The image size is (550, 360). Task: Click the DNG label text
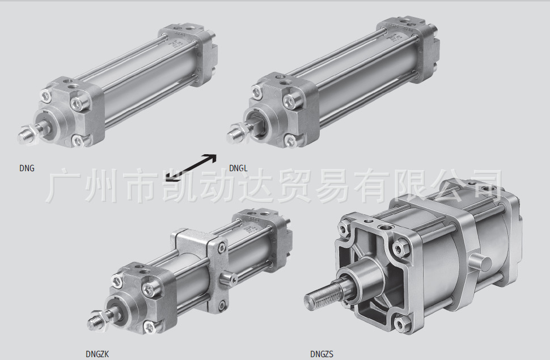pyautogui.click(x=27, y=168)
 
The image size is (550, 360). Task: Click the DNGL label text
pyautogui.click(x=238, y=168)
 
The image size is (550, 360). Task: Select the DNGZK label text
pyautogui.click(x=97, y=354)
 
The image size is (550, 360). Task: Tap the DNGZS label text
pyautogui.click(x=321, y=354)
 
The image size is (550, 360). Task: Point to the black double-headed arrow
pyautogui.click(x=191, y=168)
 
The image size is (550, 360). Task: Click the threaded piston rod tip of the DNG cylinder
pyautogui.click(x=24, y=135)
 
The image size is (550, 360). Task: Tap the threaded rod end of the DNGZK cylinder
pyautogui.click(x=94, y=319)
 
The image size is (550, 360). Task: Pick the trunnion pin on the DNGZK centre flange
pyautogui.click(x=227, y=279)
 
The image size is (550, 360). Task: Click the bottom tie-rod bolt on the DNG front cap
pyautogui.click(x=78, y=141)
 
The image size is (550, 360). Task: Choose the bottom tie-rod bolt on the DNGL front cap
pyautogui.click(x=291, y=141)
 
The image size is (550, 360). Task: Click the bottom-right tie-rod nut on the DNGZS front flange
pyautogui.click(x=402, y=323)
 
